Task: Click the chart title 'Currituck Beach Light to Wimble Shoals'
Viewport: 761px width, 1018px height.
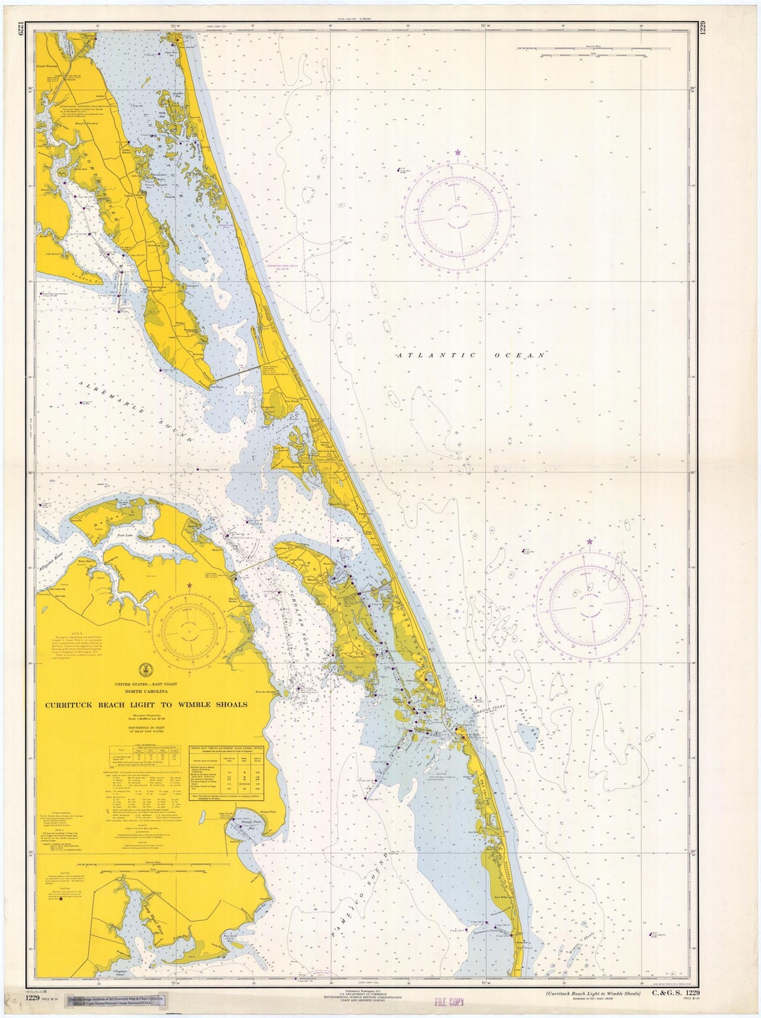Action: click(x=146, y=705)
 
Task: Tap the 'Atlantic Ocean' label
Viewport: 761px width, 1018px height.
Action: click(x=471, y=356)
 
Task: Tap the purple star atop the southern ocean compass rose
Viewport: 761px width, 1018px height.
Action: click(x=589, y=542)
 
